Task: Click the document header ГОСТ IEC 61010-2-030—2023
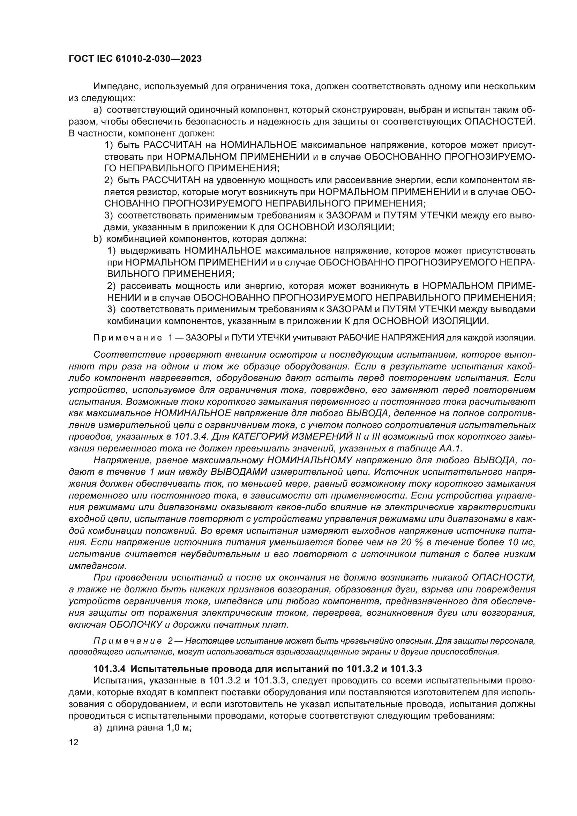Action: [x=135, y=59]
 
